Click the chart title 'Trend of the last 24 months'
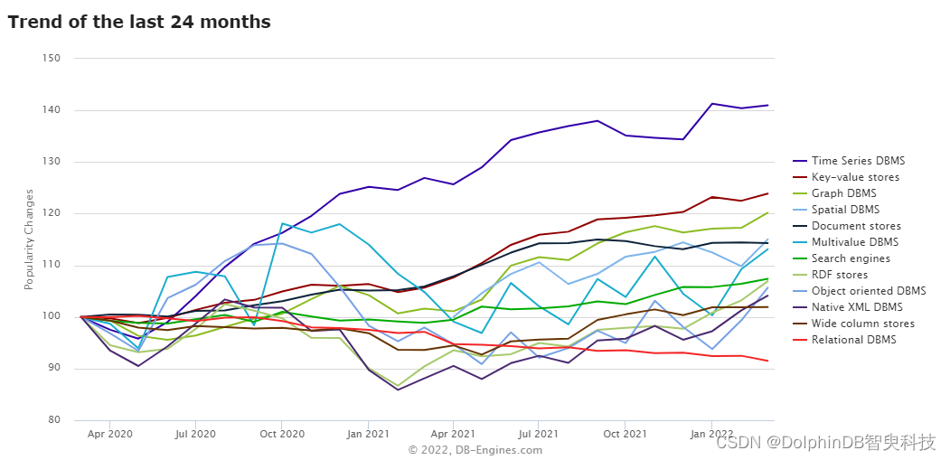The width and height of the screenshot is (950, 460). pyautogui.click(x=138, y=23)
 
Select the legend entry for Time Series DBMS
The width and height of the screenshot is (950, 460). pyautogui.click(x=841, y=161)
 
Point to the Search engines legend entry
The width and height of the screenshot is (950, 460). pyautogui.click(x=842, y=258)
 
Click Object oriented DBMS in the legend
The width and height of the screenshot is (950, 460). pyautogui.click(x=860, y=291)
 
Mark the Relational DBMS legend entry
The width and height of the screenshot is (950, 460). pyautogui.click(x=844, y=340)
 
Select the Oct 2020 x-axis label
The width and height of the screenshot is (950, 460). pyautogui.click(x=281, y=435)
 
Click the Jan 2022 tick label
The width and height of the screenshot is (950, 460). pyautogui.click(x=710, y=435)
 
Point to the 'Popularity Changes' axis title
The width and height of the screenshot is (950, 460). pyautogui.click(x=29, y=239)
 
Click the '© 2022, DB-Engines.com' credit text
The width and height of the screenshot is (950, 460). pyautogui.click(x=475, y=450)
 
